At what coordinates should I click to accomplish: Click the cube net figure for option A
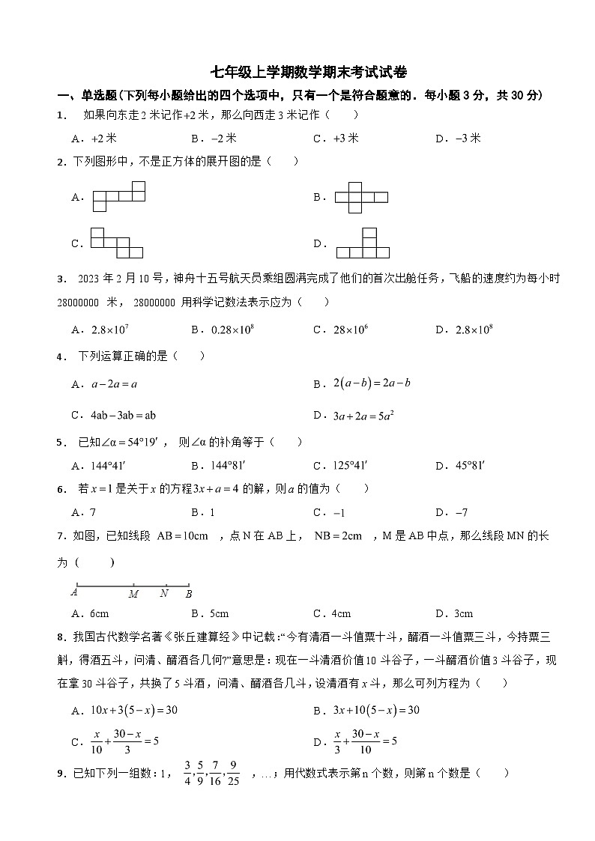(x=118, y=196)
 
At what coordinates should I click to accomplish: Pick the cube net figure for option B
(x=361, y=196)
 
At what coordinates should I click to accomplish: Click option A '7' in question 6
(x=93, y=513)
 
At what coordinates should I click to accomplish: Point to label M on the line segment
(x=133, y=594)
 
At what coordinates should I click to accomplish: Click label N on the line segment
(x=164, y=594)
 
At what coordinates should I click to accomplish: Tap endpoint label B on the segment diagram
(x=189, y=594)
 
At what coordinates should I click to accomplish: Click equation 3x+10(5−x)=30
(x=376, y=710)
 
